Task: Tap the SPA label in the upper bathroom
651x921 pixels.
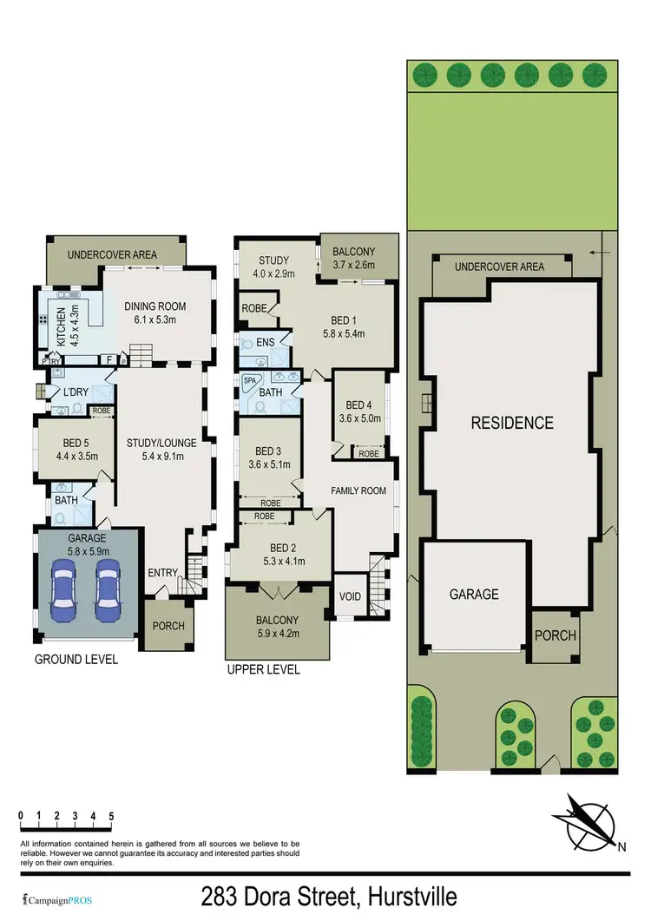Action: click(251, 380)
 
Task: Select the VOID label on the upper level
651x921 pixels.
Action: click(350, 596)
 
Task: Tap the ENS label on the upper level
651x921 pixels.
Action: click(266, 343)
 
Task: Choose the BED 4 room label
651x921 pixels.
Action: click(358, 405)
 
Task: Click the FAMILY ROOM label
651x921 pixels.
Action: click(358, 490)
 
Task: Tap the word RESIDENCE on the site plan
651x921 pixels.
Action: click(511, 423)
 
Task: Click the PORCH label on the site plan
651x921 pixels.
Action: click(555, 635)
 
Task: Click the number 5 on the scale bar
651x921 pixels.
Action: click(111, 816)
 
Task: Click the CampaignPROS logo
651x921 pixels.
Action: click(53, 897)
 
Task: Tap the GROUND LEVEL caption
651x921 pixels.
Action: click(76, 660)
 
